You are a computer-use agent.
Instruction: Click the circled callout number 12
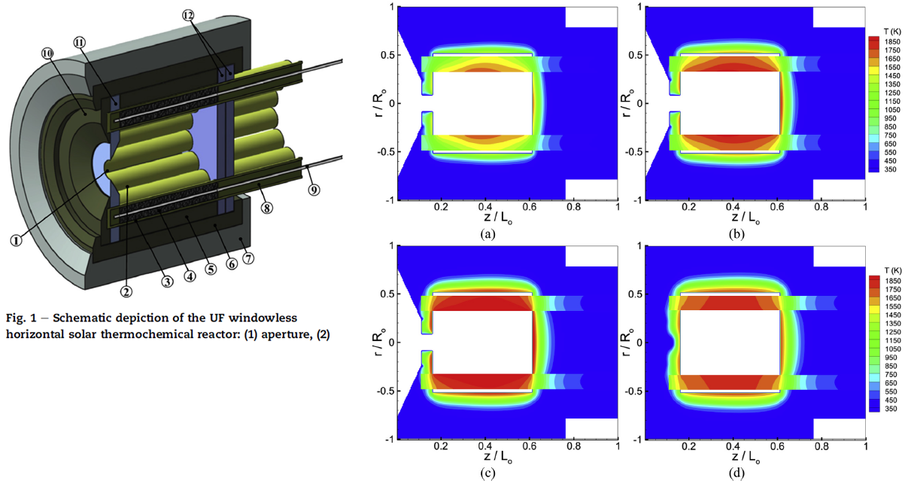188,15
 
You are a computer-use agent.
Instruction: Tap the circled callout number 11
80,42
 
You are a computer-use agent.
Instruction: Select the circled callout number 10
47,53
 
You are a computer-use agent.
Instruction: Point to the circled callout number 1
16,241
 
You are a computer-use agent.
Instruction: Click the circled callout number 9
314,190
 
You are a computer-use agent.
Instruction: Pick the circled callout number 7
248,258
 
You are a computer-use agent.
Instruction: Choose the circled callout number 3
167,281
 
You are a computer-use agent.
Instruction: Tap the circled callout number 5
211,269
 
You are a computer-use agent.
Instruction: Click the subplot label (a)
487,234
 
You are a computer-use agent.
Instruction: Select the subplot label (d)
736,473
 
